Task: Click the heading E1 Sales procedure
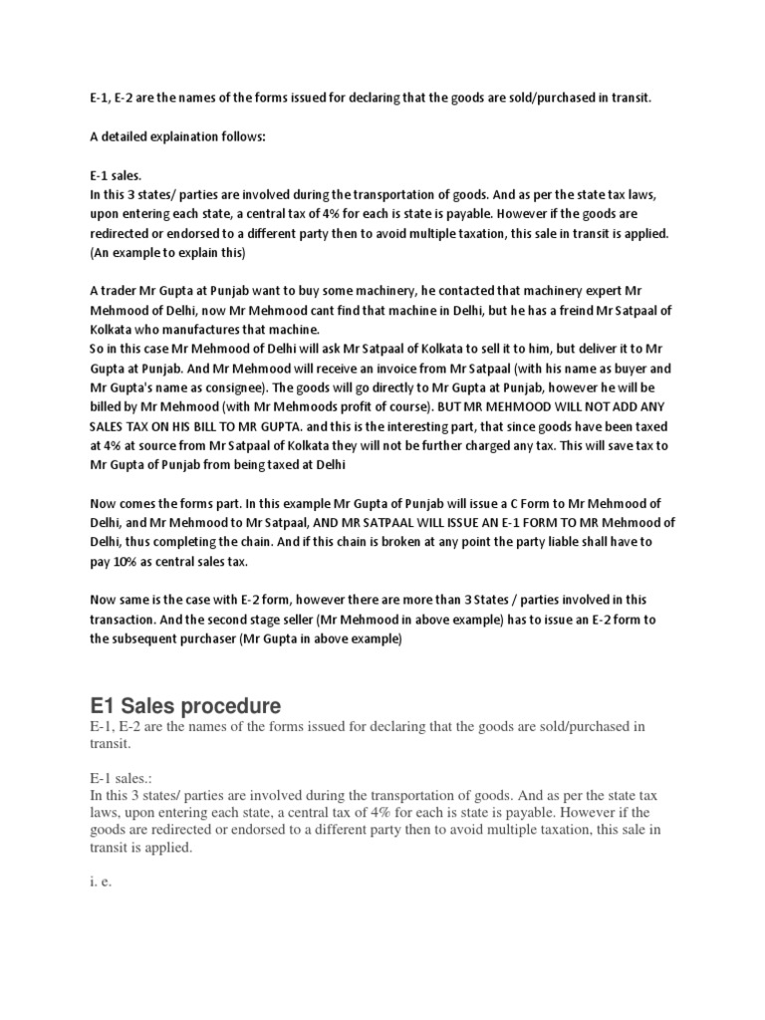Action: [185, 707]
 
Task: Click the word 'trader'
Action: [123, 292]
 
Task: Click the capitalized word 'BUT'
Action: [489, 407]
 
